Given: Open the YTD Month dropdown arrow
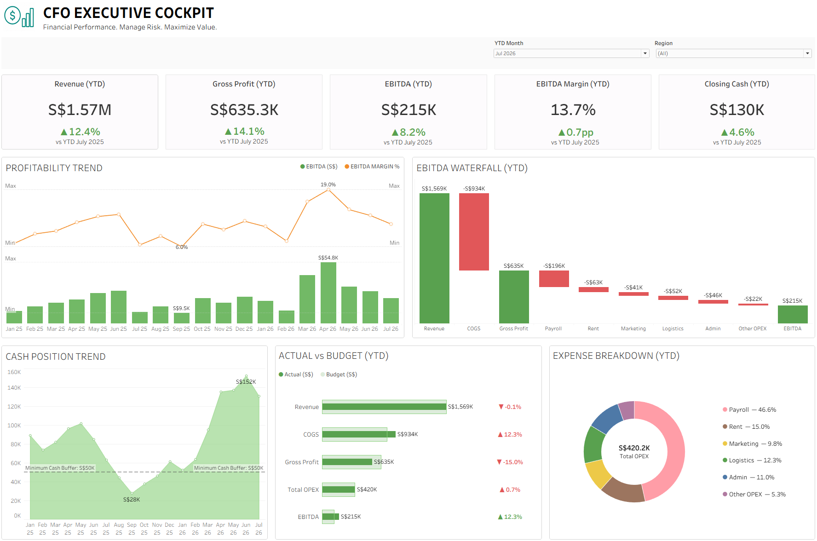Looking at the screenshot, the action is tap(645, 53).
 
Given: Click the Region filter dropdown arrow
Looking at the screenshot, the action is tap(807, 53).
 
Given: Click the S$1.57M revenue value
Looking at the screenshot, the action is tap(80, 110).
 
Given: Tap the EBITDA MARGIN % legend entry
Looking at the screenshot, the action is tap(372, 167).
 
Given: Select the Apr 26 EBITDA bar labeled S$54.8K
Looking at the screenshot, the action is tap(328, 293).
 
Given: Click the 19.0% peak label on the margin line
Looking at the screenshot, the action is tap(328, 184).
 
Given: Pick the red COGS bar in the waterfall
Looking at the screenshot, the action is tap(474, 232).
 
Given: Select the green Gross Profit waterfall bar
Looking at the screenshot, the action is tap(514, 297).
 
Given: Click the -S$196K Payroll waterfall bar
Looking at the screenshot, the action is tap(554, 279).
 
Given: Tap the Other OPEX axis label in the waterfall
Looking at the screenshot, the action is tap(753, 328).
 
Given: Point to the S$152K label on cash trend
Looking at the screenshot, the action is tap(246, 382).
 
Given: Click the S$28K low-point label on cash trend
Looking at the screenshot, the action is tap(132, 500).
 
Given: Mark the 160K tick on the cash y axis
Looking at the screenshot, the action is tap(14, 372).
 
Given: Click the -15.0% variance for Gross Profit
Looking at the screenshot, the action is tap(510, 462).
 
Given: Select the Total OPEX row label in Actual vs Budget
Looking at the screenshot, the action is tap(303, 489).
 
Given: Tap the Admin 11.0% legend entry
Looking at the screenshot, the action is tap(748, 477).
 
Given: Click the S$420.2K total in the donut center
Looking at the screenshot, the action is tap(634, 448).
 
